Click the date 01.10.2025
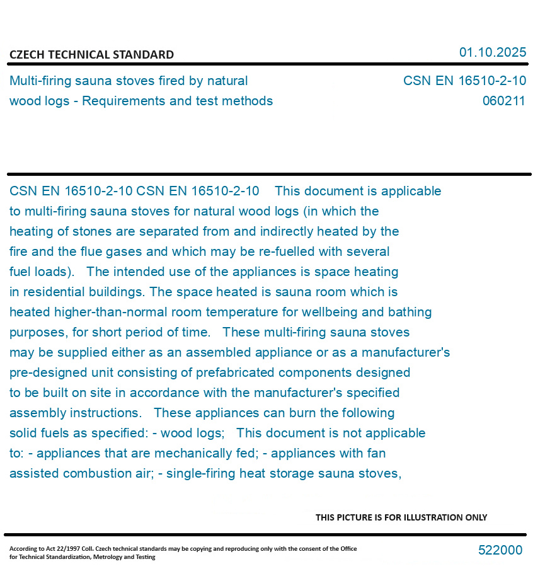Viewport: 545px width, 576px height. (492, 52)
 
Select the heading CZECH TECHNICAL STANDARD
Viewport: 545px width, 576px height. (91, 55)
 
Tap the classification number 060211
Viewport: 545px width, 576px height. (503, 101)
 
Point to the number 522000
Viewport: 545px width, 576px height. (500, 550)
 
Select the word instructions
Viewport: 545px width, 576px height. (105, 413)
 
